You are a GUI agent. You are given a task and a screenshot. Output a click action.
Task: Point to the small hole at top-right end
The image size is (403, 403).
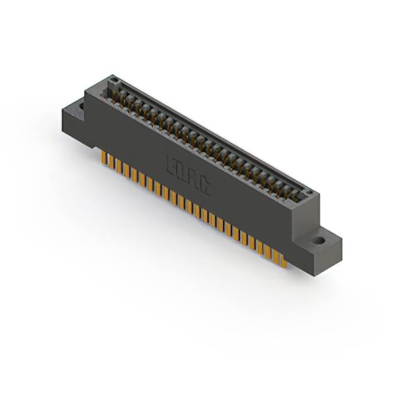(307, 191)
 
